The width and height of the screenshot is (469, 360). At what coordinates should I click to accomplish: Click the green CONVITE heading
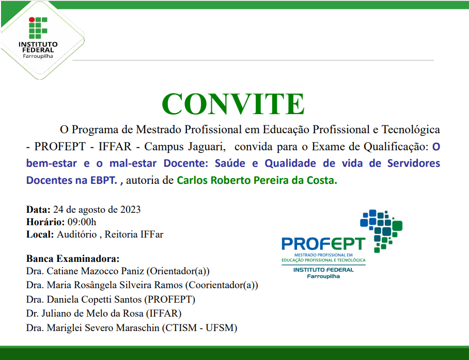(x=233, y=104)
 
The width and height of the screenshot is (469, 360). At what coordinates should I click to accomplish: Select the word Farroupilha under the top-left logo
(x=38, y=56)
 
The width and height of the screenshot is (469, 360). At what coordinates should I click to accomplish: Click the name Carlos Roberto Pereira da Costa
(x=257, y=181)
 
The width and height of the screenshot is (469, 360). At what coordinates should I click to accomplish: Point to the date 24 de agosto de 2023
(x=97, y=210)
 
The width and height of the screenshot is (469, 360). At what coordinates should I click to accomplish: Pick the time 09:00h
(x=82, y=222)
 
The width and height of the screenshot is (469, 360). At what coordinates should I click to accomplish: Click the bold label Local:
(x=40, y=234)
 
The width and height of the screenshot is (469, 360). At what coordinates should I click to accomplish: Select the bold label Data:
(x=38, y=210)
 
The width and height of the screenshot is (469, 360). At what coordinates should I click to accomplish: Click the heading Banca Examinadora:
(x=73, y=258)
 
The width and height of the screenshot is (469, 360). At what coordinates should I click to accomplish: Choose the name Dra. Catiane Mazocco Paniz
(x=85, y=271)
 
